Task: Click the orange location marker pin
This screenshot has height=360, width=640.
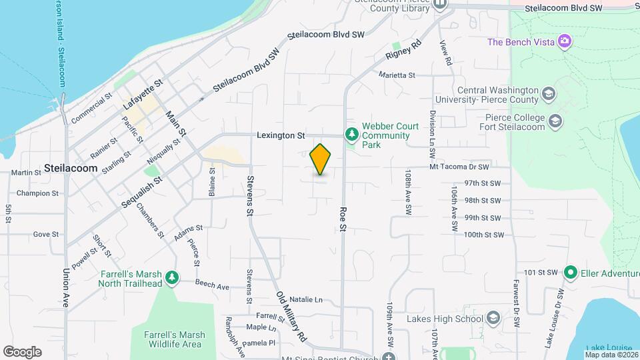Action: (x=321, y=159)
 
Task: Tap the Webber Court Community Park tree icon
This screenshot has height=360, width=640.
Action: (x=351, y=135)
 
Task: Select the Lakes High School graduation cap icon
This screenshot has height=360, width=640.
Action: (x=493, y=317)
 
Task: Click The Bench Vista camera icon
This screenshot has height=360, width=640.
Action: (x=565, y=42)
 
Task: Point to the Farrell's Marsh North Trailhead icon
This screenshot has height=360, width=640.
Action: (x=173, y=277)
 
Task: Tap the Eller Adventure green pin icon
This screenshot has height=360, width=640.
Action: (x=570, y=273)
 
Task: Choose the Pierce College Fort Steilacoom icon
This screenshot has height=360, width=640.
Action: (x=555, y=121)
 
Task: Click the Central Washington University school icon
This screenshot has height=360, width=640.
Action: (x=548, y=93)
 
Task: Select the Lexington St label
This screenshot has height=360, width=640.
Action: (x=281, y=135)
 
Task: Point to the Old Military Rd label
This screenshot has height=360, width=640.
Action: (x=291, y=315)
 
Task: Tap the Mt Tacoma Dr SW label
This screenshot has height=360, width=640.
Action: (x=459, y=166)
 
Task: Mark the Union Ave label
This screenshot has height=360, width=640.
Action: (x=65, y=303)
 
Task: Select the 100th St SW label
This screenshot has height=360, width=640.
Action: (x=482, y=235)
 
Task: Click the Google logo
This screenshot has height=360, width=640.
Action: (x=22, y=351)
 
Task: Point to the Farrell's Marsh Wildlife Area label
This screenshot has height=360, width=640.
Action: (x=173, y=339)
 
